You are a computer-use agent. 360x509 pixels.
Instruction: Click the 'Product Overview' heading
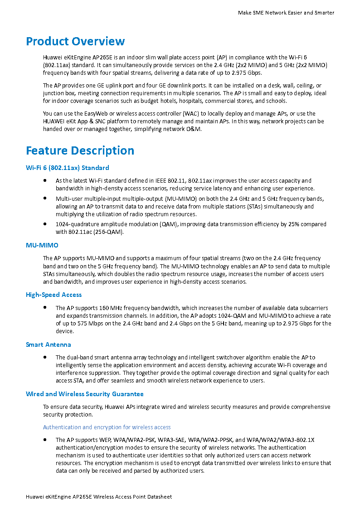(x=75, y=41)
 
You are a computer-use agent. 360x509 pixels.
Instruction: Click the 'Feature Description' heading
(x=80, y=150)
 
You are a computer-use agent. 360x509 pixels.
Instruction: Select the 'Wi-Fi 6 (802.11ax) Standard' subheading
(x=67, y=168)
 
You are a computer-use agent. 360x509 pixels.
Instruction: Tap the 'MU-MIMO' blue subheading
(x=42, y=245)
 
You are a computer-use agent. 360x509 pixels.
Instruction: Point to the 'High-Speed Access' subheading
(x=54, y=295)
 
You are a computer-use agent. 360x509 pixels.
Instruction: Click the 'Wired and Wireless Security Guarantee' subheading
(x=85, y=394)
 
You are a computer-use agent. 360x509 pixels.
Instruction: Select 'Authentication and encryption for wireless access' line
(x=107, y=427)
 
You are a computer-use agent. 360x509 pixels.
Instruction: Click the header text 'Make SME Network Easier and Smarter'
(x=286, y=13)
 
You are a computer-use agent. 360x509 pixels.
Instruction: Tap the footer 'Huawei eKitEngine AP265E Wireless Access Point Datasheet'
(x=99, y=497)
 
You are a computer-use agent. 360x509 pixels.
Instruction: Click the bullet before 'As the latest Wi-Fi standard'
(x=45, y=180)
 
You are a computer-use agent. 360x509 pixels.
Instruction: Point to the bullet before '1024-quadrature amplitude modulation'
(x=45, y=224)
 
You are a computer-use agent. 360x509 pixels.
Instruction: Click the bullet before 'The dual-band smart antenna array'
(x=45, y=357)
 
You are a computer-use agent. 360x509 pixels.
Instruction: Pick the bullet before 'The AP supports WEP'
(x=45, y=440)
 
